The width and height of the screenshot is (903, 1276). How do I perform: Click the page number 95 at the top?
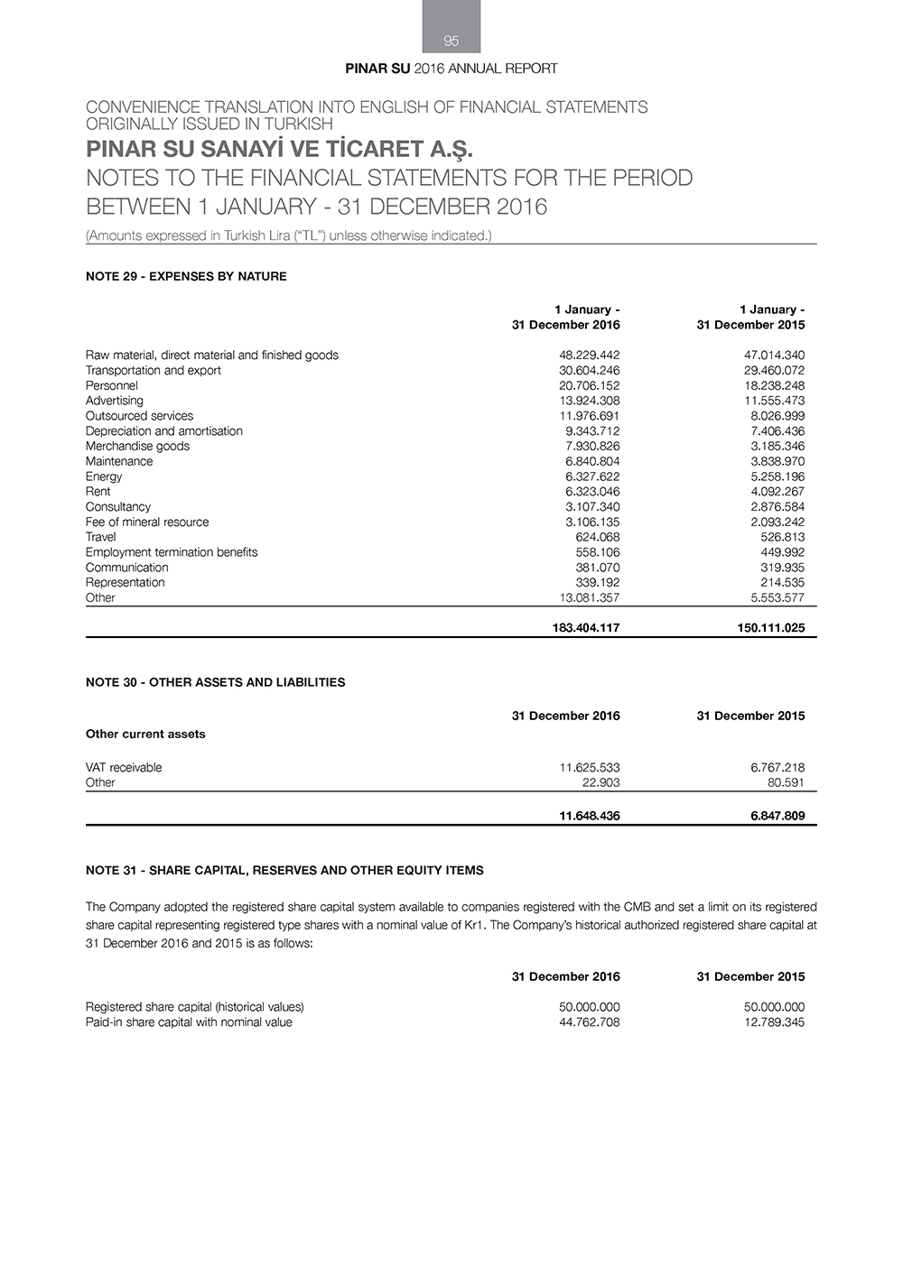pyautogui.click(x=451, y=41)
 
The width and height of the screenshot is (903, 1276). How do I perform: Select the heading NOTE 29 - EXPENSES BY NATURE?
pyautogui.click(x=186, y=276)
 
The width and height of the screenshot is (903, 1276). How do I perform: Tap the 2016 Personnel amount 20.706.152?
pyautogui.click(x=589, y=385)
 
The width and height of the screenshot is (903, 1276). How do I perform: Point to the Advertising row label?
pyautogui.click(x=115, y=401)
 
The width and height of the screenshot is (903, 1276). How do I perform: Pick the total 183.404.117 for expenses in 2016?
pyautogui.click(x=585, y=628)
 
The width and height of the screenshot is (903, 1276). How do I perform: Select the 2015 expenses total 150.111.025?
pyautogui.click(x=770, y=628)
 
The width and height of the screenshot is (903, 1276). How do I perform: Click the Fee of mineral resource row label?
pyautogui.click(x=147, y=522)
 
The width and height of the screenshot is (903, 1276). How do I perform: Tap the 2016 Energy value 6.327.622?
pyautogui.click(x=592, y=476)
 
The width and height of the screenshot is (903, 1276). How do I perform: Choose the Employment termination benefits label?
pyautogui.click(x=172, y=552)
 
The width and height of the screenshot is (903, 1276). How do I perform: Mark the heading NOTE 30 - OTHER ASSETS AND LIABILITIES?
pyautogui.click(x=215, y=682)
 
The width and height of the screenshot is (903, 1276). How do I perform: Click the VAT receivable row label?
pyautogui.click(x=124, y=768)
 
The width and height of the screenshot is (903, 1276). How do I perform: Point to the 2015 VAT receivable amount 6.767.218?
pyautogui.click(x=777, y=768)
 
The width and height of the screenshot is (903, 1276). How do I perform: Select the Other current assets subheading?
pyautogui.click(x=145, y=734)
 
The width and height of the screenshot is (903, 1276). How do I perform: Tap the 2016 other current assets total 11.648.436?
pyautogui.click(x=589, y=816)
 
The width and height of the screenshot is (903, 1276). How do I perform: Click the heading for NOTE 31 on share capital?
pyautogui.click(x=284, y=871)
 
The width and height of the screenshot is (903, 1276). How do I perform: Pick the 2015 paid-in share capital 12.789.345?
pyautogui.click(x=774, y=1022)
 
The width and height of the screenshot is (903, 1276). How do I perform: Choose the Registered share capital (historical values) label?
pyautogui.click(x=194, y=1007)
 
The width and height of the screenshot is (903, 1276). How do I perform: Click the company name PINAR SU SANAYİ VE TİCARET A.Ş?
pyautogui.click(x=279, y=149)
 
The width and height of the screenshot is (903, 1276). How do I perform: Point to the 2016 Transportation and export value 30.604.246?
pyautogui.click(x=589, y=370)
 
